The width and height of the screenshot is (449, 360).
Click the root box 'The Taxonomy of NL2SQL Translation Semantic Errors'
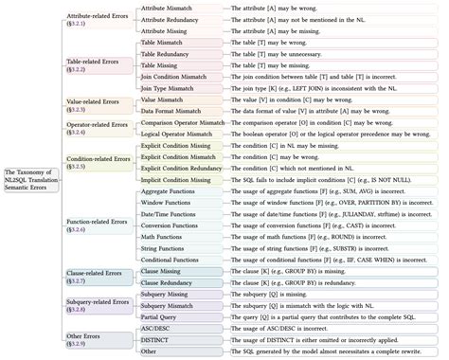(27, 179)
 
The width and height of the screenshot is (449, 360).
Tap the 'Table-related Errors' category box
(95, 65)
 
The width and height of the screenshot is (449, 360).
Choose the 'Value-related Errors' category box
(95, 104)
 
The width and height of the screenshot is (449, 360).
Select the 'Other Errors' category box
(95, 339)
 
